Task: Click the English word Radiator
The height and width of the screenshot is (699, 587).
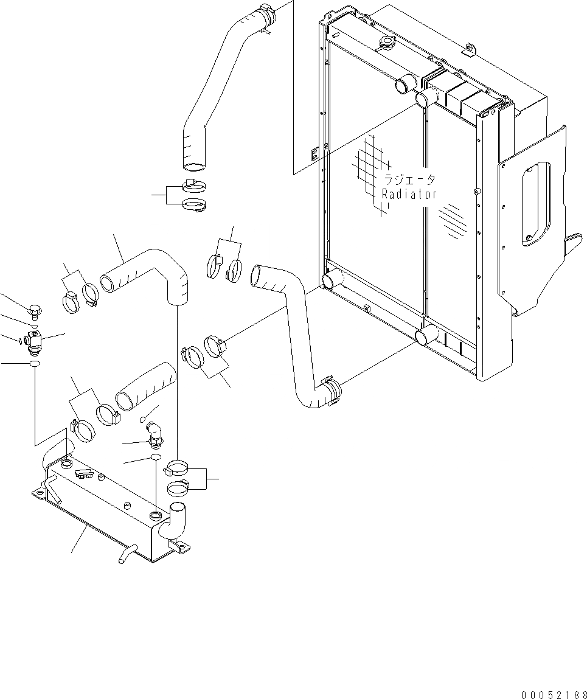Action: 409,194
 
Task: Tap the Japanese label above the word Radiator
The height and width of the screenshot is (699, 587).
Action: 409,180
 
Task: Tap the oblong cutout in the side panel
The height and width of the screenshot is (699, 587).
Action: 535,203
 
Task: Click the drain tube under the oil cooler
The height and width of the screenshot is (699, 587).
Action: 125,554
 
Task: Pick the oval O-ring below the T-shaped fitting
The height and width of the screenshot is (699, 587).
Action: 35,364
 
